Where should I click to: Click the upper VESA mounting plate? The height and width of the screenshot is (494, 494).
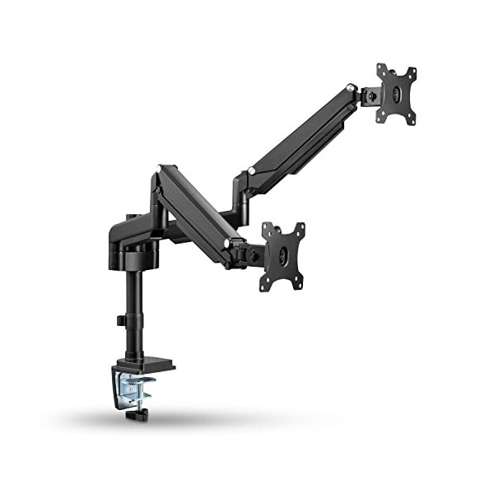click(396, 94)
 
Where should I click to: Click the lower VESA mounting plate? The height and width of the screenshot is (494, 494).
click(282, 256)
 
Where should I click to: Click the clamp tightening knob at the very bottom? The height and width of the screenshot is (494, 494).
click(131, 415)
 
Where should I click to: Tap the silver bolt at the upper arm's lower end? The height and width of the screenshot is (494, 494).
click(251, 172)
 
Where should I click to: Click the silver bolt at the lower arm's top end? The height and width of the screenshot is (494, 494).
click(162, 169)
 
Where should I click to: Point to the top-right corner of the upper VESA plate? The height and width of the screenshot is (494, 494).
click(412, 68)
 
